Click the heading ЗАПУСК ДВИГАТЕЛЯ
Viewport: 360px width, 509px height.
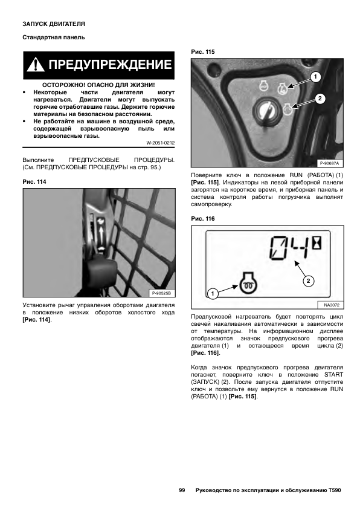click(54, 24)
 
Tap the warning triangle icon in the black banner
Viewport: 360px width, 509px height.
click(36, 65)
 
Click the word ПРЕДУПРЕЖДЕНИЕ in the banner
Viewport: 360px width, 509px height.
click(110, 65)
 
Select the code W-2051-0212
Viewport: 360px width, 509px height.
click(160, 143)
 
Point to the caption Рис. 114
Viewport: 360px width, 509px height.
click(34, 182)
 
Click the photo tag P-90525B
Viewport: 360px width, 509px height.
click(161, 293)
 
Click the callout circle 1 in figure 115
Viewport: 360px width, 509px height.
click(315, 77)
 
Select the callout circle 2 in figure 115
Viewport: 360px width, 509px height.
click(320, 99)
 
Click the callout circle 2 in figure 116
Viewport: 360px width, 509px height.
click(308, 280)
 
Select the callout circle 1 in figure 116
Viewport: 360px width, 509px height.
click(213, 294)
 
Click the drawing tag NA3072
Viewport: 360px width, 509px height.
click(332, 305)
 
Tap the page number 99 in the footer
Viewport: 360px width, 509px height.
click(182, 490)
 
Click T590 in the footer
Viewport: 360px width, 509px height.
click(335, 490)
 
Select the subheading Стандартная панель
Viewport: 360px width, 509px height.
click(54, 37)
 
